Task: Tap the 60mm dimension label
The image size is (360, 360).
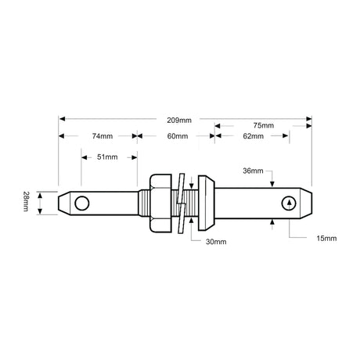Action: tap(177, 136)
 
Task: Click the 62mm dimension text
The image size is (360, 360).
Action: tap(253, 136)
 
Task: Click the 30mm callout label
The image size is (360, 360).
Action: tap(217, 242)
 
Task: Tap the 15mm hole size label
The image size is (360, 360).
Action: tap(326, 237)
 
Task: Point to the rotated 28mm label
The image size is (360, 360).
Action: tap(26, 203)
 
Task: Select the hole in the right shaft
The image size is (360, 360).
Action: tap(290, 203)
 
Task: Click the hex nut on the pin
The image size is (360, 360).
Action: tap(159, 203)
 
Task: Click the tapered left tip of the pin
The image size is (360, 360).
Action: tap(64, 203)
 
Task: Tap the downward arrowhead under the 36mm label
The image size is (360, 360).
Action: tap(272, 184)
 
